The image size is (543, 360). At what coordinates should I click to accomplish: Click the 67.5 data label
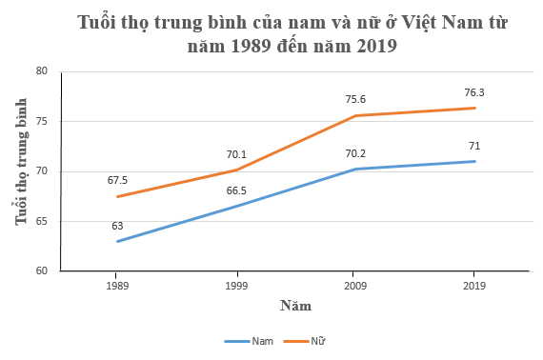coord(117,178)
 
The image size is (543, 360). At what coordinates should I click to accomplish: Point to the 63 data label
coord(117,226)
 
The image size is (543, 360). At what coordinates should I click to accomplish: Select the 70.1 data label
coord(236,153)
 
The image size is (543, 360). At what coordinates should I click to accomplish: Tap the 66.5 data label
coord(236,190)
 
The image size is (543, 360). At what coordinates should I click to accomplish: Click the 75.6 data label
coord(355,99)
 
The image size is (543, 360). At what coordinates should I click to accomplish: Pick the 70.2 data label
coord(355,152)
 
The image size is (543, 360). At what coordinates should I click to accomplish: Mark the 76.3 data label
coord(474,92)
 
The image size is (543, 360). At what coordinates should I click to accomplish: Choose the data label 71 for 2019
coord(474,145)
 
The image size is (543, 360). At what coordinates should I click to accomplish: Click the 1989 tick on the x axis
coord(117,285)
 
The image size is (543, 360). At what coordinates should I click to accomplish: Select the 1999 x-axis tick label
coord(236,285)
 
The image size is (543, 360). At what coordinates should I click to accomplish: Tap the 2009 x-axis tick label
coord(355,285)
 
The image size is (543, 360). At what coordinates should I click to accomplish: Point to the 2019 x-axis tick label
coord(474,285)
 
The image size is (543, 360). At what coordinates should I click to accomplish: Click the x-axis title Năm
coord(295,306)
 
